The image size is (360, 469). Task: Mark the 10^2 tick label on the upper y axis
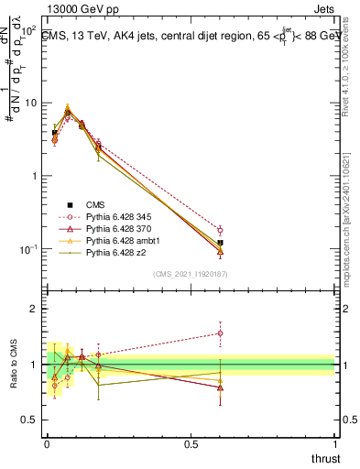30,29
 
